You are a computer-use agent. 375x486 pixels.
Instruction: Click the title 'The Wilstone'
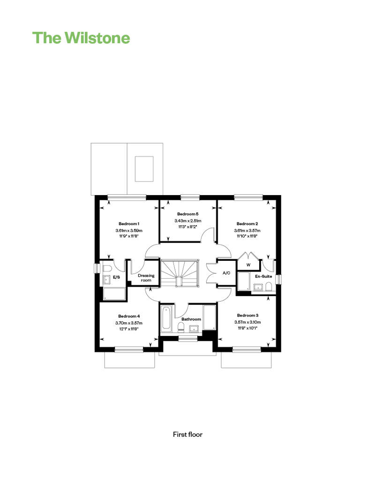coord(81,38)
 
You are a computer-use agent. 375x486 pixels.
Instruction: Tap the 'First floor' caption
coord(187,434)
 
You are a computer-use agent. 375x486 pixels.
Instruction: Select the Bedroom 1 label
coord(129,224)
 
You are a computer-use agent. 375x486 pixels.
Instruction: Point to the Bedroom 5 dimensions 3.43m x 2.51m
coord(187,220)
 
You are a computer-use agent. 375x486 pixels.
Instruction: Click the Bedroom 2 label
coord(247,224)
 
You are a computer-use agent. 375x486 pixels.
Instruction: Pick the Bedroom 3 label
coord(247,315)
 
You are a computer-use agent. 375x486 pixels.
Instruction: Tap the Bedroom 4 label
coord(129,316)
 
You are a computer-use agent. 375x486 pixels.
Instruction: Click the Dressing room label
coord(146,278)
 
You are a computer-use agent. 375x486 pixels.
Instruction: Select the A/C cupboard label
coord(226,273)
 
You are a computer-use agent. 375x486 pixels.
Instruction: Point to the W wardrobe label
coord(248,265)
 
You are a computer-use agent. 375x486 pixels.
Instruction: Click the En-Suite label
coord(263,276)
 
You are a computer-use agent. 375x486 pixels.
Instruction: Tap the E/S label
coord(116,277)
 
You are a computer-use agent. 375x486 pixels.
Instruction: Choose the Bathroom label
coord(191,319)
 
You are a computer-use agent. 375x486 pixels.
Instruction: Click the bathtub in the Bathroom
coord(165,318)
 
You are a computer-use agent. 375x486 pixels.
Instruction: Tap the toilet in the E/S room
coord(107,268)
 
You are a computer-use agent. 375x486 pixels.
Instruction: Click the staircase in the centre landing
coord(179,273)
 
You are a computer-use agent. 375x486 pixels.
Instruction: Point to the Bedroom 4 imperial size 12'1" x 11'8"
coord(129,329)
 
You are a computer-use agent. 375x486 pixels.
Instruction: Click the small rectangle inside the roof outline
coord(144,169)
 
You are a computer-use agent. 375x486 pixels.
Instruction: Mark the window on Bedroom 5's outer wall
coord(190,197)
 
